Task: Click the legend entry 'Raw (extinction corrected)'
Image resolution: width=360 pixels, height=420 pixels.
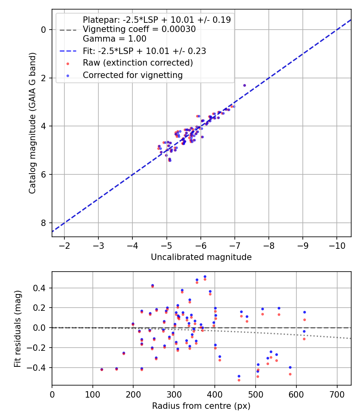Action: coord(138,63)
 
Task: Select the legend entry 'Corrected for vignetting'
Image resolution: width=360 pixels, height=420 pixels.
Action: coord(132,75)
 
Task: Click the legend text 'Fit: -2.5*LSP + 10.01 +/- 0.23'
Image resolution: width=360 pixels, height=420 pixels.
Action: coord(144,51)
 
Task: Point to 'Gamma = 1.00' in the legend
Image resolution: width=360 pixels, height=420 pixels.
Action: coord(114,39)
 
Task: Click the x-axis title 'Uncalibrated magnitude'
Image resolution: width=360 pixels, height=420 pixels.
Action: coord(201,257)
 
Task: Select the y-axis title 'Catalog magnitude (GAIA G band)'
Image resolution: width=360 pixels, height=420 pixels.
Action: coord(32,123)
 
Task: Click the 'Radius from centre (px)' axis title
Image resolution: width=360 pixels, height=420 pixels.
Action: coord(201,406)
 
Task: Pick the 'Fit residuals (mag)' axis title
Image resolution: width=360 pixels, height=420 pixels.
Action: coord(17,328)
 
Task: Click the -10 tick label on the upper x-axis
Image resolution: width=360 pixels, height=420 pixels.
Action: coord(336,245)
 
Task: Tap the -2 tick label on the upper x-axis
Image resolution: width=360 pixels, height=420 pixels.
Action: coord(64,245)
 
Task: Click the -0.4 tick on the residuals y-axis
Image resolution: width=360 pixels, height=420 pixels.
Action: coord(39,368)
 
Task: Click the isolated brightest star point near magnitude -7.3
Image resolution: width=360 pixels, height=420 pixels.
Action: coord(244,85)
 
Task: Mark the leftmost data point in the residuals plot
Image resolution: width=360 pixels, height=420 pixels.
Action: coord(102,369)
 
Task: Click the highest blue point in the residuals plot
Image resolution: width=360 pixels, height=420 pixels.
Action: coord(205,276)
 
